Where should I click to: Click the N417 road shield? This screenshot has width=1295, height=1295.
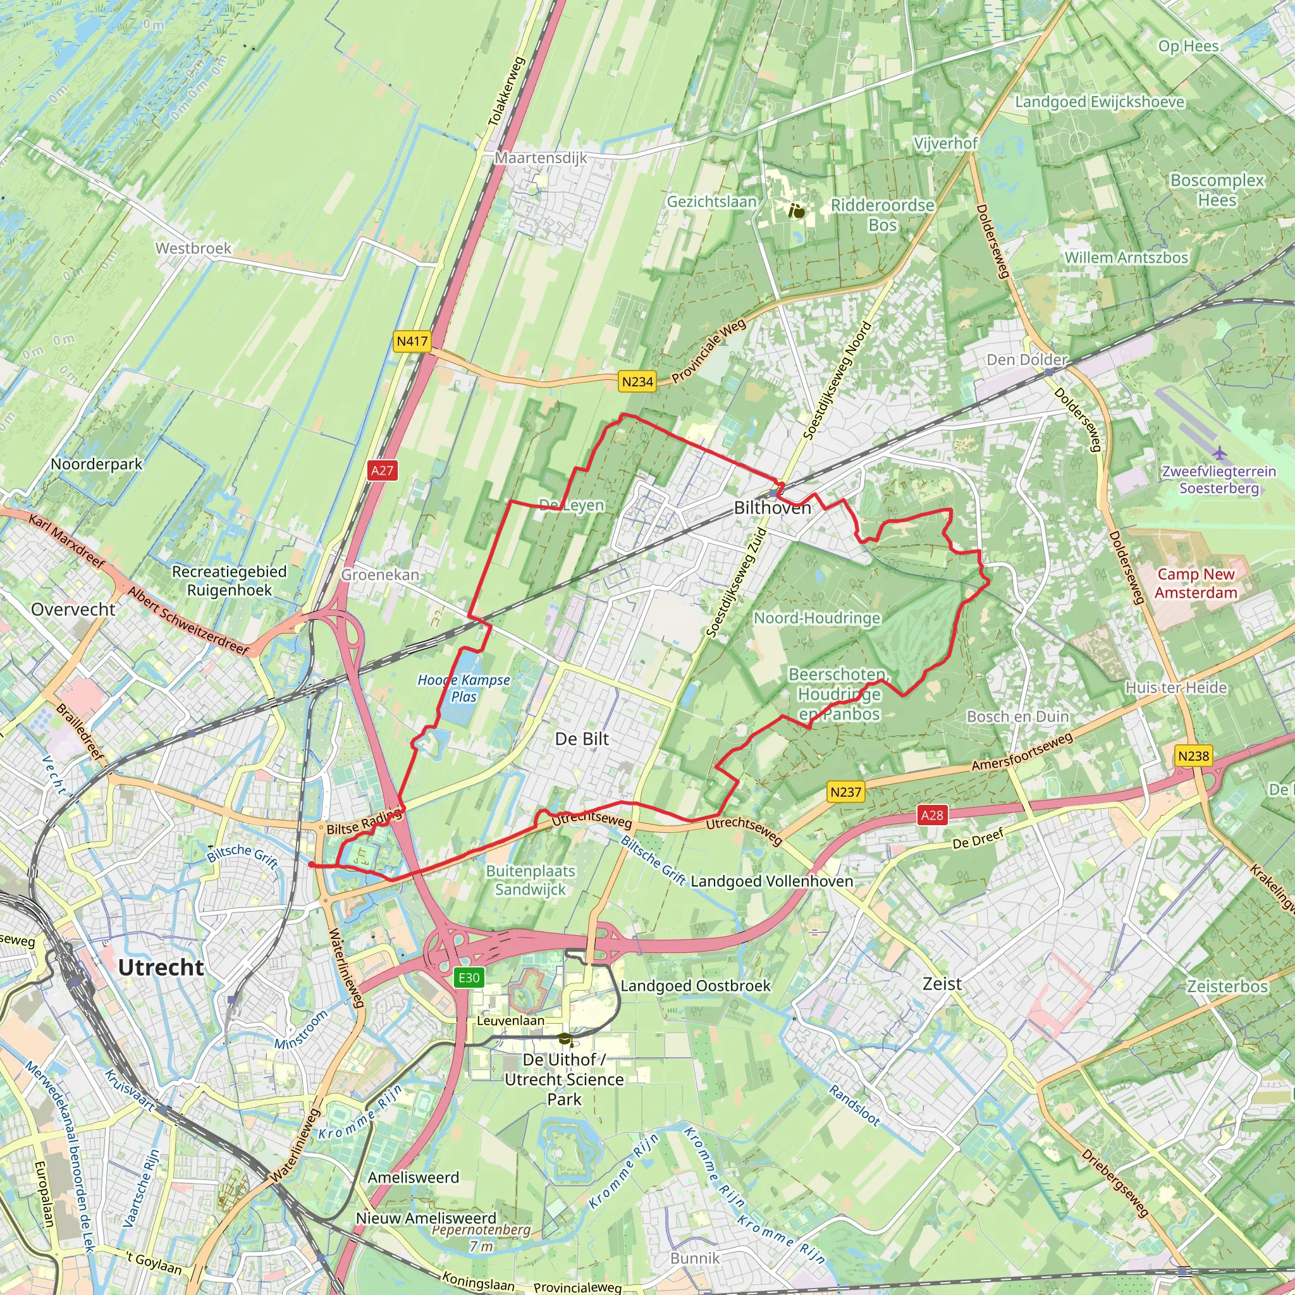click(412, 341)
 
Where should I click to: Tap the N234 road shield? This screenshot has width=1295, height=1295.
click(637, 381)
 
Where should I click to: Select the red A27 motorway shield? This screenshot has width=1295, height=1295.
click(382, 470)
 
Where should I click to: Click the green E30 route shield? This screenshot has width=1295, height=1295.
click(469, 978)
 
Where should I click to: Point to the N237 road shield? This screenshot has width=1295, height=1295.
click(845, 792)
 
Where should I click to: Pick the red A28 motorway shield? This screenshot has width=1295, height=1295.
click(931, 815)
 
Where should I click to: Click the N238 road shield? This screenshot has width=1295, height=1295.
click(1193, 756)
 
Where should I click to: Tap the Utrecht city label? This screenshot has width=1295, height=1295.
click(161, 967)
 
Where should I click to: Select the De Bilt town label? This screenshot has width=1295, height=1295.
click(582, 739)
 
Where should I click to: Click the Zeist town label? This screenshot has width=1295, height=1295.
click(942, 983)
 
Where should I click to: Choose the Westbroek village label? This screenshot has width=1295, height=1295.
click(193, 248)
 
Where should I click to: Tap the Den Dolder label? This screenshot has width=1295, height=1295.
click(1026, 359)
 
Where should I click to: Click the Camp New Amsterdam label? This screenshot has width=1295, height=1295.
click(1195, 583)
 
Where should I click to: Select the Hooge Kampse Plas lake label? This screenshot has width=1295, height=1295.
click(464, 688)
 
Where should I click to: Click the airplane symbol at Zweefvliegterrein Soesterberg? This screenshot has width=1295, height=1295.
click(1219, 454)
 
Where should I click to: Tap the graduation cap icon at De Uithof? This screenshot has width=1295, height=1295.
click(566, 1039)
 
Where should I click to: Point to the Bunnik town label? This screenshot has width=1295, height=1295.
click(694, 1258)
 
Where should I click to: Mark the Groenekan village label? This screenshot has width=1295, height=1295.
click(380, 574)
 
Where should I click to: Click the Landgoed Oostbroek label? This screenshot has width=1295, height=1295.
click(695, 985)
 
